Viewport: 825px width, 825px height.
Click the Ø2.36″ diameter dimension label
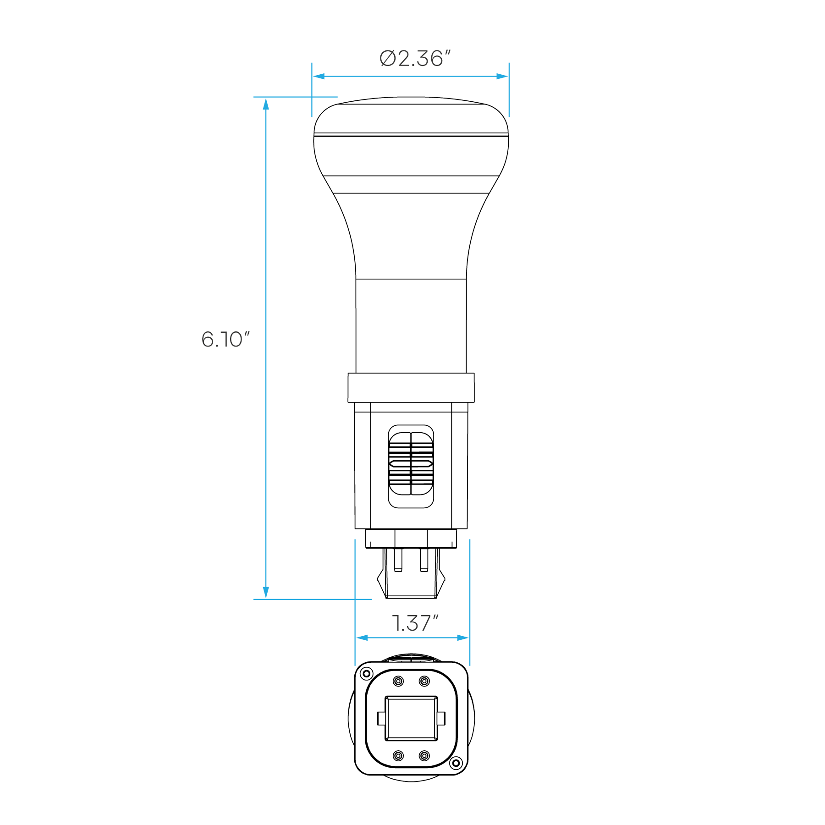tap(415, 58)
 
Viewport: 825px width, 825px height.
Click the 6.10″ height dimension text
tap(225, 339)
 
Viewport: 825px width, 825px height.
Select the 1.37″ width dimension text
tap(415, 623)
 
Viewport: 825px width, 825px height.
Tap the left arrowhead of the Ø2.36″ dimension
tap(319, 76)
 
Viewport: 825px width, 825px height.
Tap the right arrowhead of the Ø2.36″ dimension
tap(502, 76)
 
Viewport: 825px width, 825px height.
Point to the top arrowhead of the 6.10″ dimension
tap(266, 104)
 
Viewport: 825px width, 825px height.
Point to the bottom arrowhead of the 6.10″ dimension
tap(266, 593)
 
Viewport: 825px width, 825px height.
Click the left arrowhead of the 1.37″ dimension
tap(362, 638)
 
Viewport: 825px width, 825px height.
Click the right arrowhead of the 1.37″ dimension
tap(463, 638)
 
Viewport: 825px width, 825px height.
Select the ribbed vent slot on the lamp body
tap(411, 467)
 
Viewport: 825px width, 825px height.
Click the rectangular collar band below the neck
tap(411, 388)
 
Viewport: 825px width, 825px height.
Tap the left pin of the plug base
tap(398, 560)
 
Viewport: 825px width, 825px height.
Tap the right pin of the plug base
tap(424, 560)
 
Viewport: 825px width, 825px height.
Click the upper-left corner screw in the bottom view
tap(366, 673)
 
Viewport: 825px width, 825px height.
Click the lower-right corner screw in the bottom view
tap(456, 763)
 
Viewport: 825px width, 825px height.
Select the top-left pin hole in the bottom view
tap(398, 681)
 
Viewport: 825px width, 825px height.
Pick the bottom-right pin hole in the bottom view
tap(424, 755)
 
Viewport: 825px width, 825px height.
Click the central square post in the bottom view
tap(411, 718)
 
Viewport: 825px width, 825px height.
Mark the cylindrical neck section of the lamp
tap(411, 326)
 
